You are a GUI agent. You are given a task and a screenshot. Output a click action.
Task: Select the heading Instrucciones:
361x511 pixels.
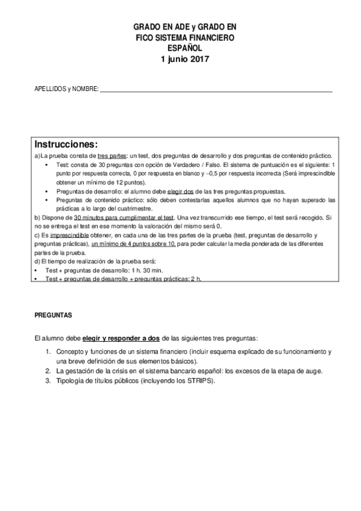[x=66, y=145]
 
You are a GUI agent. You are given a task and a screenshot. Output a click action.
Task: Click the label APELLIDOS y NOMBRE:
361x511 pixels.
[x=66, y=90]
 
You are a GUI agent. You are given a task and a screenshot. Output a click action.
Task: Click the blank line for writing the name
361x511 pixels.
[x=216, y=90]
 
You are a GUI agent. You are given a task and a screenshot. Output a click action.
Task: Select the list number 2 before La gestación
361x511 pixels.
[x=47, y=371]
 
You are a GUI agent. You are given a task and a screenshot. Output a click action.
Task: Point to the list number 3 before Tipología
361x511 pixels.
[x=47, y=381]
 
